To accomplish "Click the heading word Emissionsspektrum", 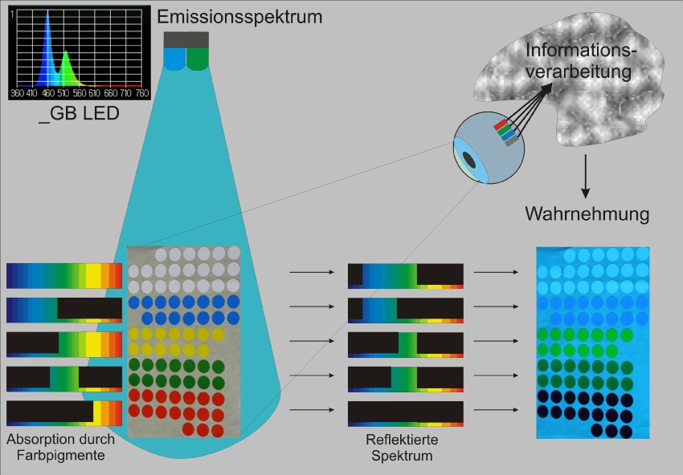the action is [x=239, y=18].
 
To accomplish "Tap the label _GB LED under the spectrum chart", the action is [x=79, y=114].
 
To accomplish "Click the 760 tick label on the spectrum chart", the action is [x=142, y=93].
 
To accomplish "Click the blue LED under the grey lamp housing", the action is [x=174, y=59].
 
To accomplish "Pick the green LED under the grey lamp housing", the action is [x=198, y=59].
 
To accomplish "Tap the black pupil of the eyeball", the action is [x=469, y=160].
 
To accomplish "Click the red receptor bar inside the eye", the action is [x=501, y=124].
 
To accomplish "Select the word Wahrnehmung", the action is [x=587, y=214].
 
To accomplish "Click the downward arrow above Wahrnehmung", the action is [x=586, y=177].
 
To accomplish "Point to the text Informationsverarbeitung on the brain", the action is [x=579, y=61].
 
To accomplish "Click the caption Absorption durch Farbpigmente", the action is [x=60, y=447].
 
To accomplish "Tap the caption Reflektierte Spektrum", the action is [x=402, y=448].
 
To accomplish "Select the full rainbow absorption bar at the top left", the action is [x=64, y=276].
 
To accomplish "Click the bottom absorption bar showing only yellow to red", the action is [x=64, y=413].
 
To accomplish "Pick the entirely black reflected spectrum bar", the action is [x=406, y=414].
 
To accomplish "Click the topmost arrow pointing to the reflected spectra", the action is [x=312, y=272].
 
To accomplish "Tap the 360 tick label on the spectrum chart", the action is [x=17, y=93].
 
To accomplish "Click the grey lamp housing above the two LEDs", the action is [x=186, y=39].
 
